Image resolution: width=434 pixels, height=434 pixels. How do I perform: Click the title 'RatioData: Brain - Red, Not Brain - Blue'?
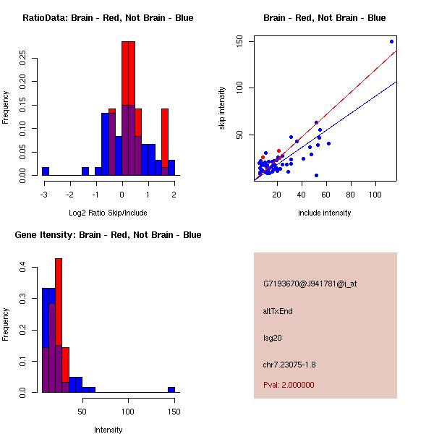tap(108, 18)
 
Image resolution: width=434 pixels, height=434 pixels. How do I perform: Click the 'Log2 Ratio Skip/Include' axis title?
tap(108, 213)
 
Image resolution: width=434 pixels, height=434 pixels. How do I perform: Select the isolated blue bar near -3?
tap(46, 171)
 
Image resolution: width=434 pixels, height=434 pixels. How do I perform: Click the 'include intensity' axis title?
tap(325, 213)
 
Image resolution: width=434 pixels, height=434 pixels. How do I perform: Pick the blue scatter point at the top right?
tap(391, 41)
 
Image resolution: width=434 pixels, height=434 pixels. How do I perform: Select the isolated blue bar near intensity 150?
tap(171, 389)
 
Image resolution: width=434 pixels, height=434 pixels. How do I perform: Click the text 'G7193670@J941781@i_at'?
tap(310, 284)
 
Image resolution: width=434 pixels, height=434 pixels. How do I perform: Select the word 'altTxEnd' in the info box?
tap(278, 311)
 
